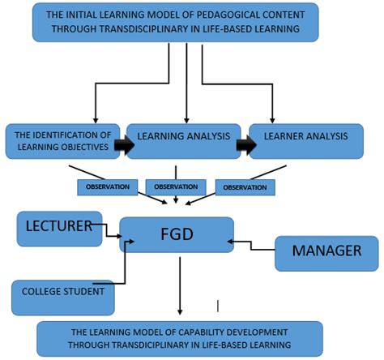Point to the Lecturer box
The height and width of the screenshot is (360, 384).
point(56,227)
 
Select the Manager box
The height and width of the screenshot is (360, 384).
point(326,252)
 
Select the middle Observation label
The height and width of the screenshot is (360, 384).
point(176,186)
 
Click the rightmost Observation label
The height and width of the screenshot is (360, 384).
point(245,186)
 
